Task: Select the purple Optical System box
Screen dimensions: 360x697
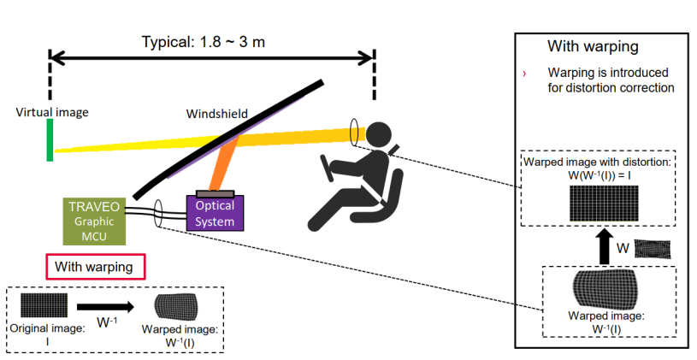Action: click(x=215, y=212)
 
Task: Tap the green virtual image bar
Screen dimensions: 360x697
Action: click(x=50, y=140)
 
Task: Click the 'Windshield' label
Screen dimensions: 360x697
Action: click(x=217, y=113)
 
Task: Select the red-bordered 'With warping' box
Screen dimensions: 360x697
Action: click(x=94, y=267)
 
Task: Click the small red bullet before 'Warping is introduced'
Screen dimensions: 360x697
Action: click(x=524, y=74)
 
